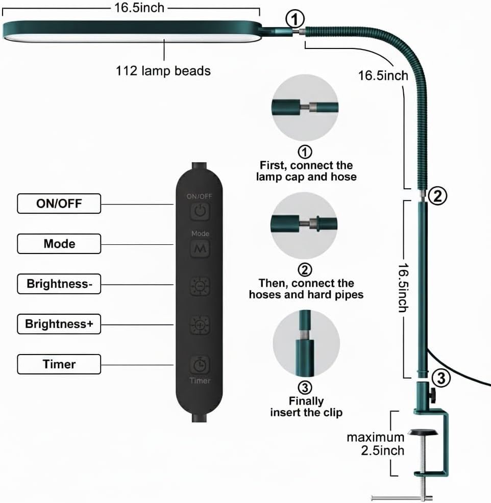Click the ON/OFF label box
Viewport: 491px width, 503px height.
click(59, 204)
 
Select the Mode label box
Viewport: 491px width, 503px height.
click(59, 244)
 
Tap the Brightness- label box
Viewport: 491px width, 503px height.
click(59, 284)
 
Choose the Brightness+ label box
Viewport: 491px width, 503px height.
click(59, 324)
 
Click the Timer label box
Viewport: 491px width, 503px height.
click(59, 364)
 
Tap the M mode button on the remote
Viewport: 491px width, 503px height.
click(200, 249)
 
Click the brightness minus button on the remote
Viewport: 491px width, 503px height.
click(200, 286)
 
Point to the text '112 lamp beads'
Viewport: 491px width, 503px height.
click(163, 71)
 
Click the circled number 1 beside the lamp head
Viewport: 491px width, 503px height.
click(295, 19)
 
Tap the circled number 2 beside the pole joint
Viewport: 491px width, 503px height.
click(437, 196)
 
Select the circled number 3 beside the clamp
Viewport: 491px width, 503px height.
click(441, 378)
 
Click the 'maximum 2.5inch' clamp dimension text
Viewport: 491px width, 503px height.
click(376, 444)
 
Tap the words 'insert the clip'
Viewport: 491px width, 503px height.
click(306, 413)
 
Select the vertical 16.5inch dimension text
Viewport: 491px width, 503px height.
click(403, 288)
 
